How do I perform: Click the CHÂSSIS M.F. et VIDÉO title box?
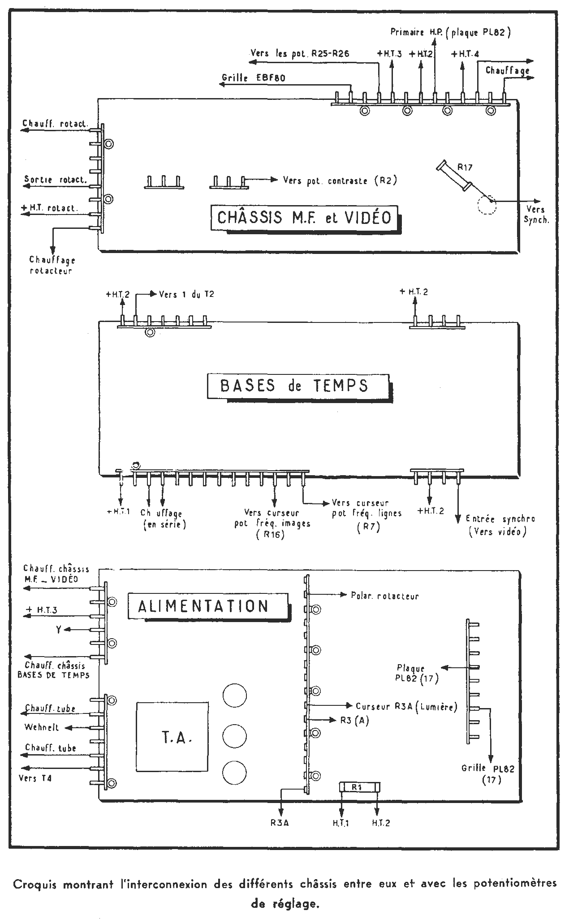306,218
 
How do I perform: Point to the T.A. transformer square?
172,737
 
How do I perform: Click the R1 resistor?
360,787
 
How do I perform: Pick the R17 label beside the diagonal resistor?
465,167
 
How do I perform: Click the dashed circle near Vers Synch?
486,205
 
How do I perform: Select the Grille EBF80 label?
254,77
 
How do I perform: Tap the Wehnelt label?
42,728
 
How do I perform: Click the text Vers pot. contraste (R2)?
340,180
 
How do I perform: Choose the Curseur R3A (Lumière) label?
406,707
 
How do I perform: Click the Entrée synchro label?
500,519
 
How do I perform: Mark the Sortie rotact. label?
56,180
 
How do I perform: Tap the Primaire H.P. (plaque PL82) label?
451,32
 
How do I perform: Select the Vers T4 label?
35,778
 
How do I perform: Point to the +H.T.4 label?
465,54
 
